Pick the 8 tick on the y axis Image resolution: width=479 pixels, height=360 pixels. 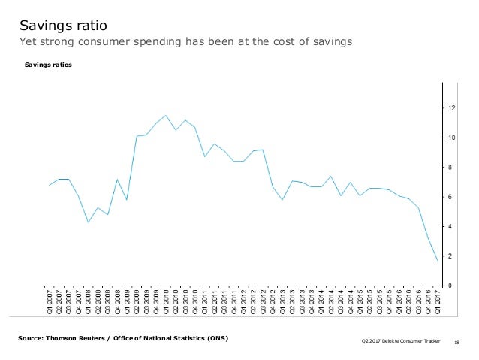point(451,168)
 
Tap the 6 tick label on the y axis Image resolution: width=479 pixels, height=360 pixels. point(451,197)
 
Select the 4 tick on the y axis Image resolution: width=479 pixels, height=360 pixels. point(451,226)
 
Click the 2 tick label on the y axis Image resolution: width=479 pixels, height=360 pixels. point(451,256)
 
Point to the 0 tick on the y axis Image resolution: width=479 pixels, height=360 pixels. point(451,286)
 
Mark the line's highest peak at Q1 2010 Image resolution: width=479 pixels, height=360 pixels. point(166,116)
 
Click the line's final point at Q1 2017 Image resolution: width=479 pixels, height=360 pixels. point(438,261)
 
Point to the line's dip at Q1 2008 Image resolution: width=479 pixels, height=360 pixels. point(89,222)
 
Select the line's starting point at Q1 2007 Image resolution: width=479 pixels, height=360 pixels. point(50,185)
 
